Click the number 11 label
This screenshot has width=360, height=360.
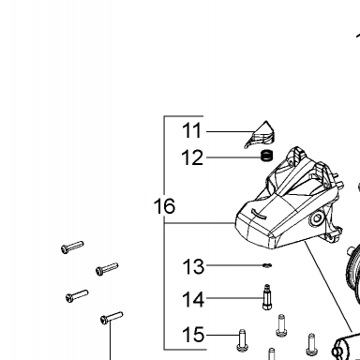click(x=192, y=130)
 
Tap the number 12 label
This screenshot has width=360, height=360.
click(x=192, y=157)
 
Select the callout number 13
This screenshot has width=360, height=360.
click(x=193, y=267)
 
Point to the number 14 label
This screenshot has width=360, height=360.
click(x=193, y=299)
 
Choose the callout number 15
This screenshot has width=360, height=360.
click(x=193, y=335)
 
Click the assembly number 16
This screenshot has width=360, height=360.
click(x=164, y=206)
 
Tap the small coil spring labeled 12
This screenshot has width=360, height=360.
click(x=266, y=156)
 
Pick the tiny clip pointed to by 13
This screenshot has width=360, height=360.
click(x=267, y=265)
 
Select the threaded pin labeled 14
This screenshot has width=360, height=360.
click(x=266, y=297)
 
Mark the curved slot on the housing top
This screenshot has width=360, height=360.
click(x=259, y=214)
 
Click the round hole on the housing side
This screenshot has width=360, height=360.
click(x=317, y=218)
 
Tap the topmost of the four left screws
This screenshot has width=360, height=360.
click(x=72, y=247)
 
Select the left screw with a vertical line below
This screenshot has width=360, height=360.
click(x=112, y=318)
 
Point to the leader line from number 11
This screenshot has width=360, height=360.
click(x=231, y=131)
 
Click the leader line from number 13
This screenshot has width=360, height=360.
click(x=234, y=265)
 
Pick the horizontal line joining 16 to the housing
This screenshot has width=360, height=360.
click(x=200, y=223)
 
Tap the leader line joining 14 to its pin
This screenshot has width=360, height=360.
click(x=234, y=298)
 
